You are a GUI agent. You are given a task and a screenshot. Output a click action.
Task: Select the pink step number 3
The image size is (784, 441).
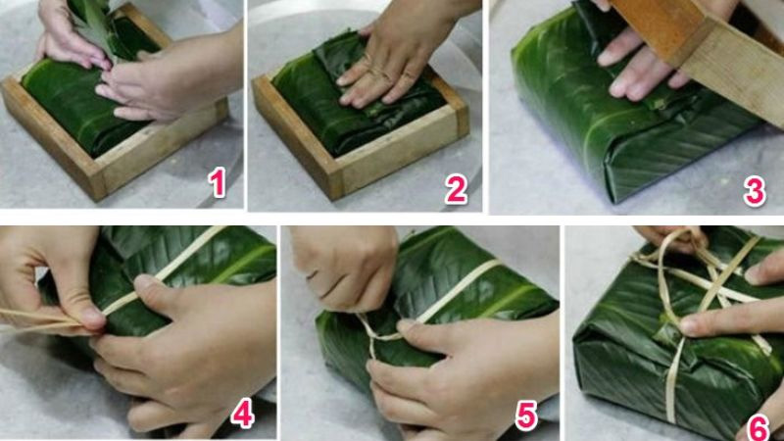[754, 190]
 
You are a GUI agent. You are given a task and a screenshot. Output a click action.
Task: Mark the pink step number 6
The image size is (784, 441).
[759, 427]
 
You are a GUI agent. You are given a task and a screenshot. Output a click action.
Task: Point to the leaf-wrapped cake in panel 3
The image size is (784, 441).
[588, 137]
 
